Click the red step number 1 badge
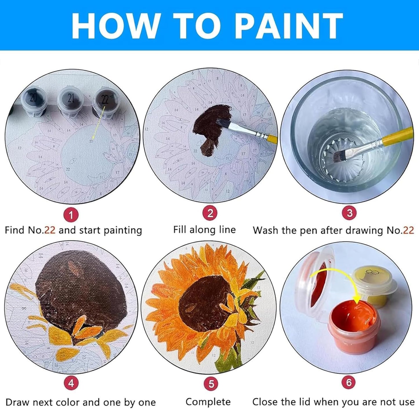tap(71, 215)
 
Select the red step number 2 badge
tap(210, 213)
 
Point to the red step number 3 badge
tap(349, 213)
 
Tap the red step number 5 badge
tap(211, 384)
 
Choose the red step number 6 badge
tap(349, 383)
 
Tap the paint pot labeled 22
tap(105, 102)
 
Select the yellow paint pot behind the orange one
tap(374, 286)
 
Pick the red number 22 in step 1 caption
tap(50, 230)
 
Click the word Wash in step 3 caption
tap(266, 230)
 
